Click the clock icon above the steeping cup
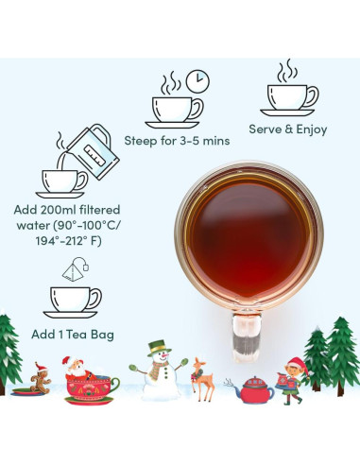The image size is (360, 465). [197, 81]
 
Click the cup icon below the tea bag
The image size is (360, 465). [71, 301]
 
